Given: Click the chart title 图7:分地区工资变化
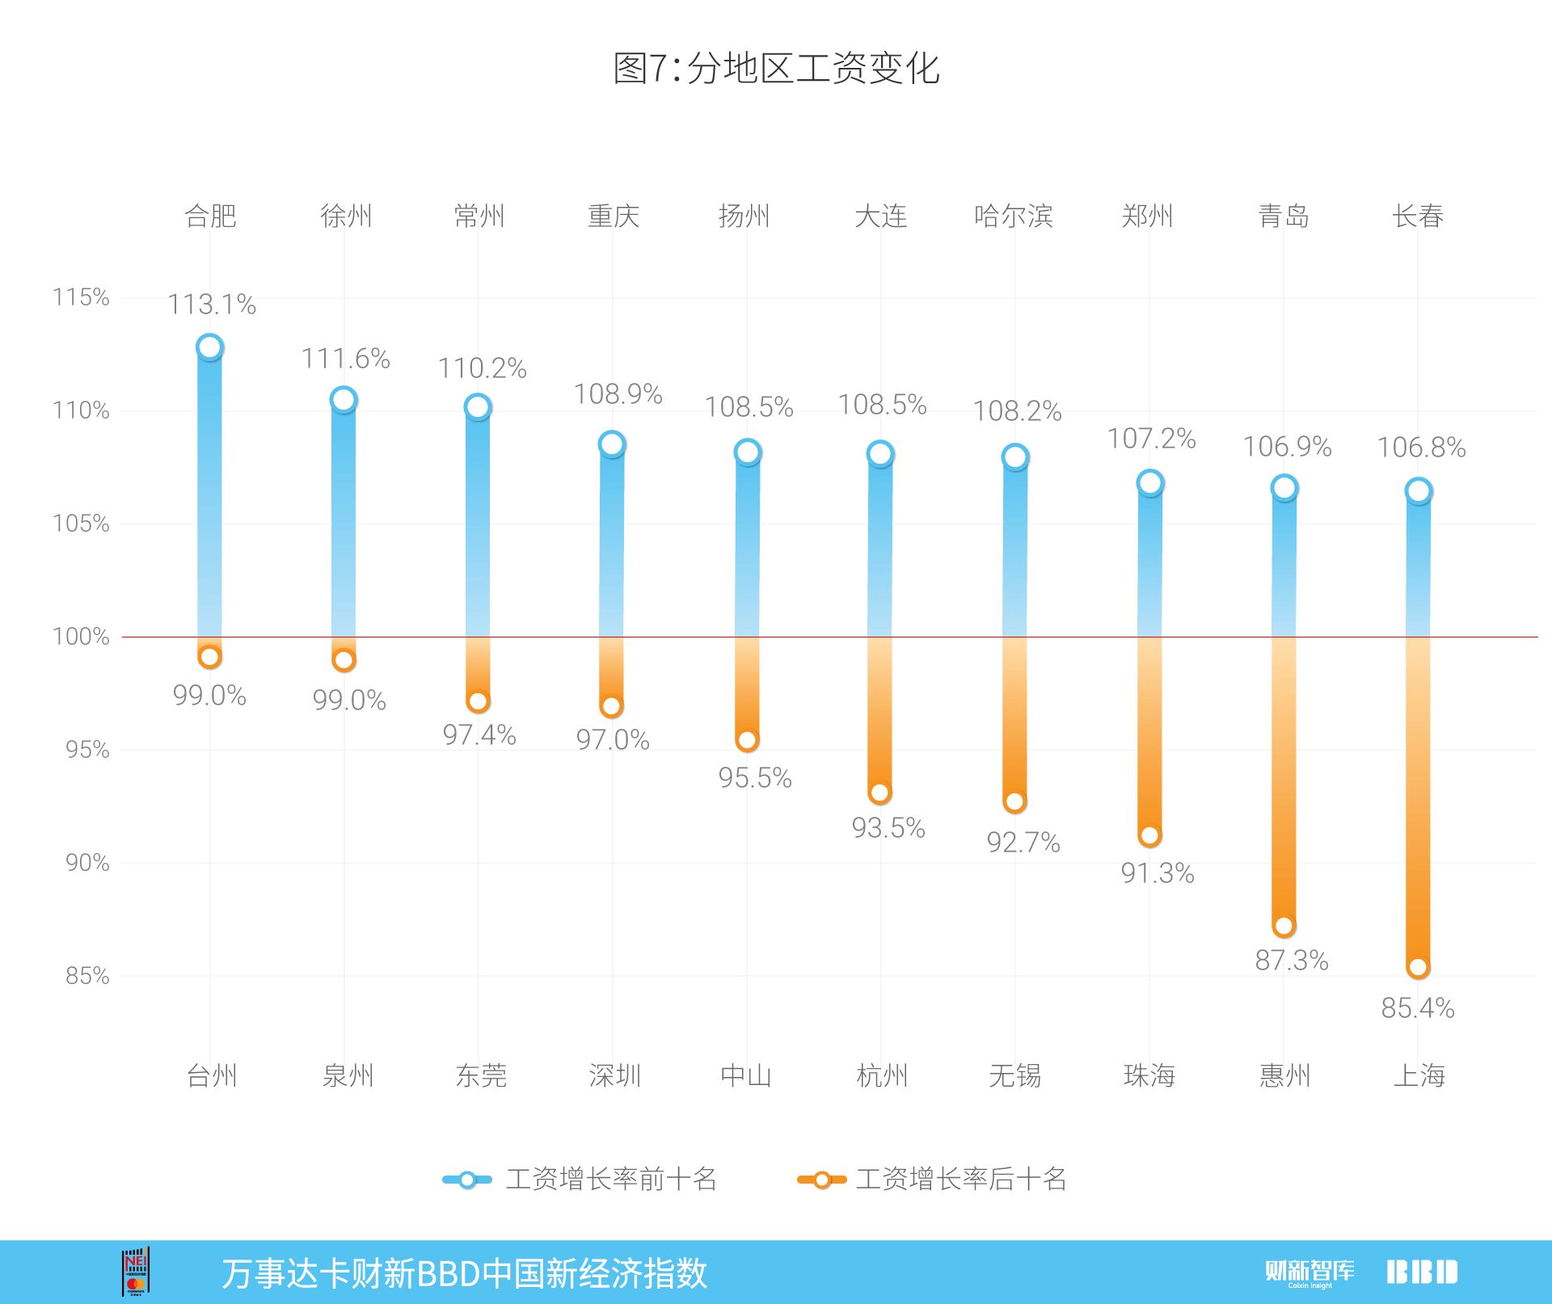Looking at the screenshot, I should [776, 69].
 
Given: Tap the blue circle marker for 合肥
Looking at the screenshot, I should [209, 347].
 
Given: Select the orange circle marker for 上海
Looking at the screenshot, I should [1418, 967].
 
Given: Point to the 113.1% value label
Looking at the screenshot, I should [212, 305].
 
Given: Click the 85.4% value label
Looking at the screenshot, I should [1418, 1008].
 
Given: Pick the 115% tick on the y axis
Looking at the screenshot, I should [81, 297].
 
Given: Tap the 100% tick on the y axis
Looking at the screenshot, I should [81, 637].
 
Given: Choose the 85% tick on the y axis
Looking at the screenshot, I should [86, 976].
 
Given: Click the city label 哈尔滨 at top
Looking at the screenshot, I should [1014, 217].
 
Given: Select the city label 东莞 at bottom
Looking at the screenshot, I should [481, 1075].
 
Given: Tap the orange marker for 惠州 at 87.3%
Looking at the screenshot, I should [1284, 926].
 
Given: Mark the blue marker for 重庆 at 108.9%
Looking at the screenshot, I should [612, 444].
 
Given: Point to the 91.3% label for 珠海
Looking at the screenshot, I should [1158, 873].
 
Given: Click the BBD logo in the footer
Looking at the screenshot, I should [1423, 1272].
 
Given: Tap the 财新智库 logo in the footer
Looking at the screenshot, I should [1309, 1272].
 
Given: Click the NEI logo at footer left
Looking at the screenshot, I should [136, 1272].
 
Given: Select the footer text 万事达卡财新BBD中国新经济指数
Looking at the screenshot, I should [465, 1274].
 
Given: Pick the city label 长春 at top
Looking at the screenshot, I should [1418, 217].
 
